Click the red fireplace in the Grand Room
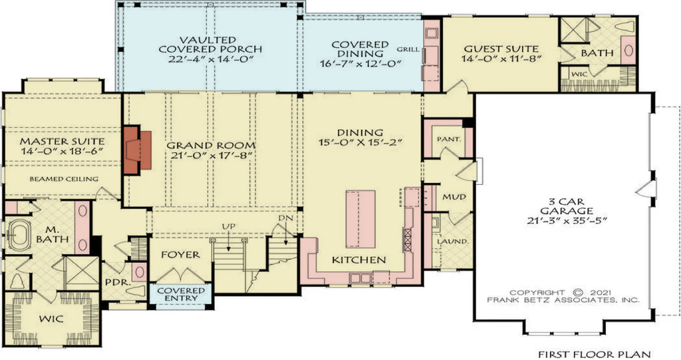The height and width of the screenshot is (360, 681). point(138,150)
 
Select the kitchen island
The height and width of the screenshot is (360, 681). point(360,219)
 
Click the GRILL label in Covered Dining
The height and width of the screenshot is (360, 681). point(408,49)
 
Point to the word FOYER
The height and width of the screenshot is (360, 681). point(180,254)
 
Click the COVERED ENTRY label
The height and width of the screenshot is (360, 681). point(181,294)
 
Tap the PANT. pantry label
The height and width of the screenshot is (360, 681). point(449,140)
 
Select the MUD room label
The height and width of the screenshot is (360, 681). point(454,197)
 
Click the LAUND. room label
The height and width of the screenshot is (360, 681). point(452,242)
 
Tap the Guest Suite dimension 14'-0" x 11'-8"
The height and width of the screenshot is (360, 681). point(501,59)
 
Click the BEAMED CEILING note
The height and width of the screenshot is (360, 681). point(64,179)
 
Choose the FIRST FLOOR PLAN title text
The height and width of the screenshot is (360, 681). point(595,355)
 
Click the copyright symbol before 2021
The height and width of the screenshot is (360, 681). point(577,293)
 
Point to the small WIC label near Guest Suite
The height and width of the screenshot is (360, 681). point(579,75)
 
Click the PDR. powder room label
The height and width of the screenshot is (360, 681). point(118,282)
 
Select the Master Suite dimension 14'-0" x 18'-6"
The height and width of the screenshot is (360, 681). point(63,152)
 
